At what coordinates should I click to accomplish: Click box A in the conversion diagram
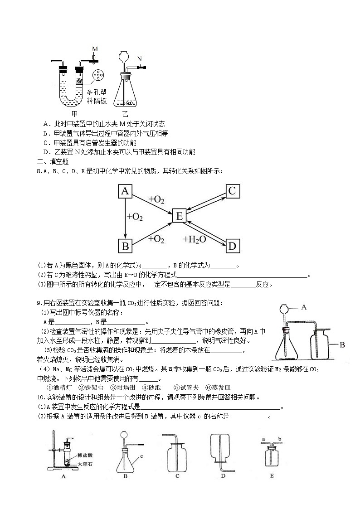click(x=125, y=191)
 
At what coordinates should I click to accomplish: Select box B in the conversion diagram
click(x=125, y=246)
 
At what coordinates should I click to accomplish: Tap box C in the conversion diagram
click(x=232, y=191)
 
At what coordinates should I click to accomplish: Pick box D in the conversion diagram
click(x=232, y=246)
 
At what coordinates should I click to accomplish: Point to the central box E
click(x=179, y=216)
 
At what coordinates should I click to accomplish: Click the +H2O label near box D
click(x=195, y=239)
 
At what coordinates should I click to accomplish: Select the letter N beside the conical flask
click(x=139, y=59)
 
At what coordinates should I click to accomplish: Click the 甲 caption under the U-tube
click(x=75, y=114)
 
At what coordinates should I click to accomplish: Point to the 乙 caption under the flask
click(x=125, y=114)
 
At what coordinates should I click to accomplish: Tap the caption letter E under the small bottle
click(x=272, y=476)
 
